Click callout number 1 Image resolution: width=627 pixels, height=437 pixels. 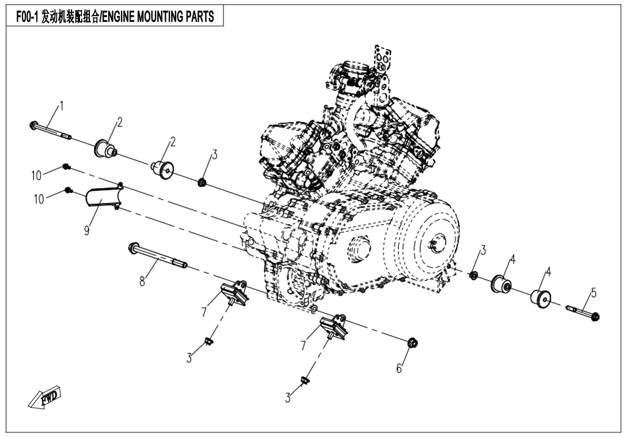click(x=62, y=106)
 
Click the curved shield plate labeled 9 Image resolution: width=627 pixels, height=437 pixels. click(x=101, y=198)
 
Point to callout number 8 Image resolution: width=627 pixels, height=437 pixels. click(x=142, y=282)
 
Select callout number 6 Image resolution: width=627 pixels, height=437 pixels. click(x=398, y=369)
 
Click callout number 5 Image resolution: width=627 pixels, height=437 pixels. click(x=594, y=293)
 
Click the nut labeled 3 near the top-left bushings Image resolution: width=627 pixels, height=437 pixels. click(x=203, y=183)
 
